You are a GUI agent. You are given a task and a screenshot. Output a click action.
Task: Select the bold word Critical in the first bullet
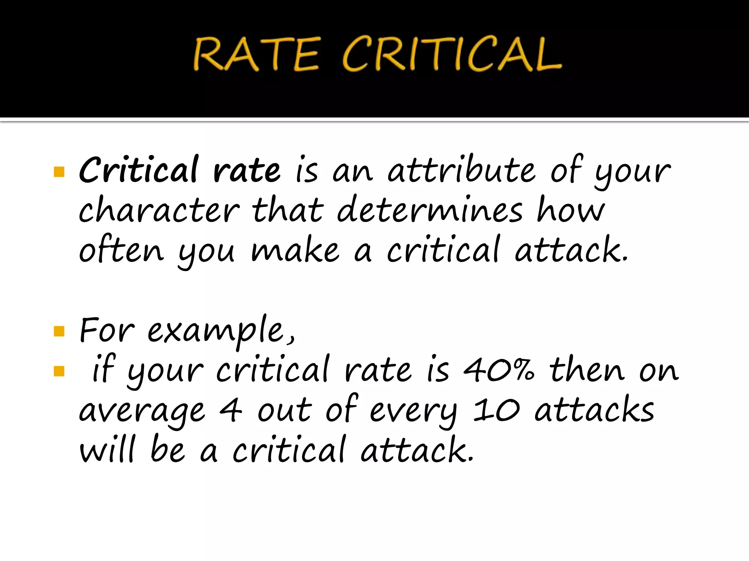click(x=139, y=170)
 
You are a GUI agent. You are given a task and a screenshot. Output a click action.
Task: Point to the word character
click(x=159, y=210)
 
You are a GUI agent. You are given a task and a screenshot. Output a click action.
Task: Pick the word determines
click(x=430, y=210)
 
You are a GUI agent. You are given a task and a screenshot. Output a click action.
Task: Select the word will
click(x=108, y=449)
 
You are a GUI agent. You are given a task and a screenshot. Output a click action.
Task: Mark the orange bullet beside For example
click(x=59, y=331)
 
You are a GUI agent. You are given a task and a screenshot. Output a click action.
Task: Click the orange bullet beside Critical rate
click(x=59, y=171)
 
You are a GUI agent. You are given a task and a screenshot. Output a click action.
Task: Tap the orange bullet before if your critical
click(x=59, y=371)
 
